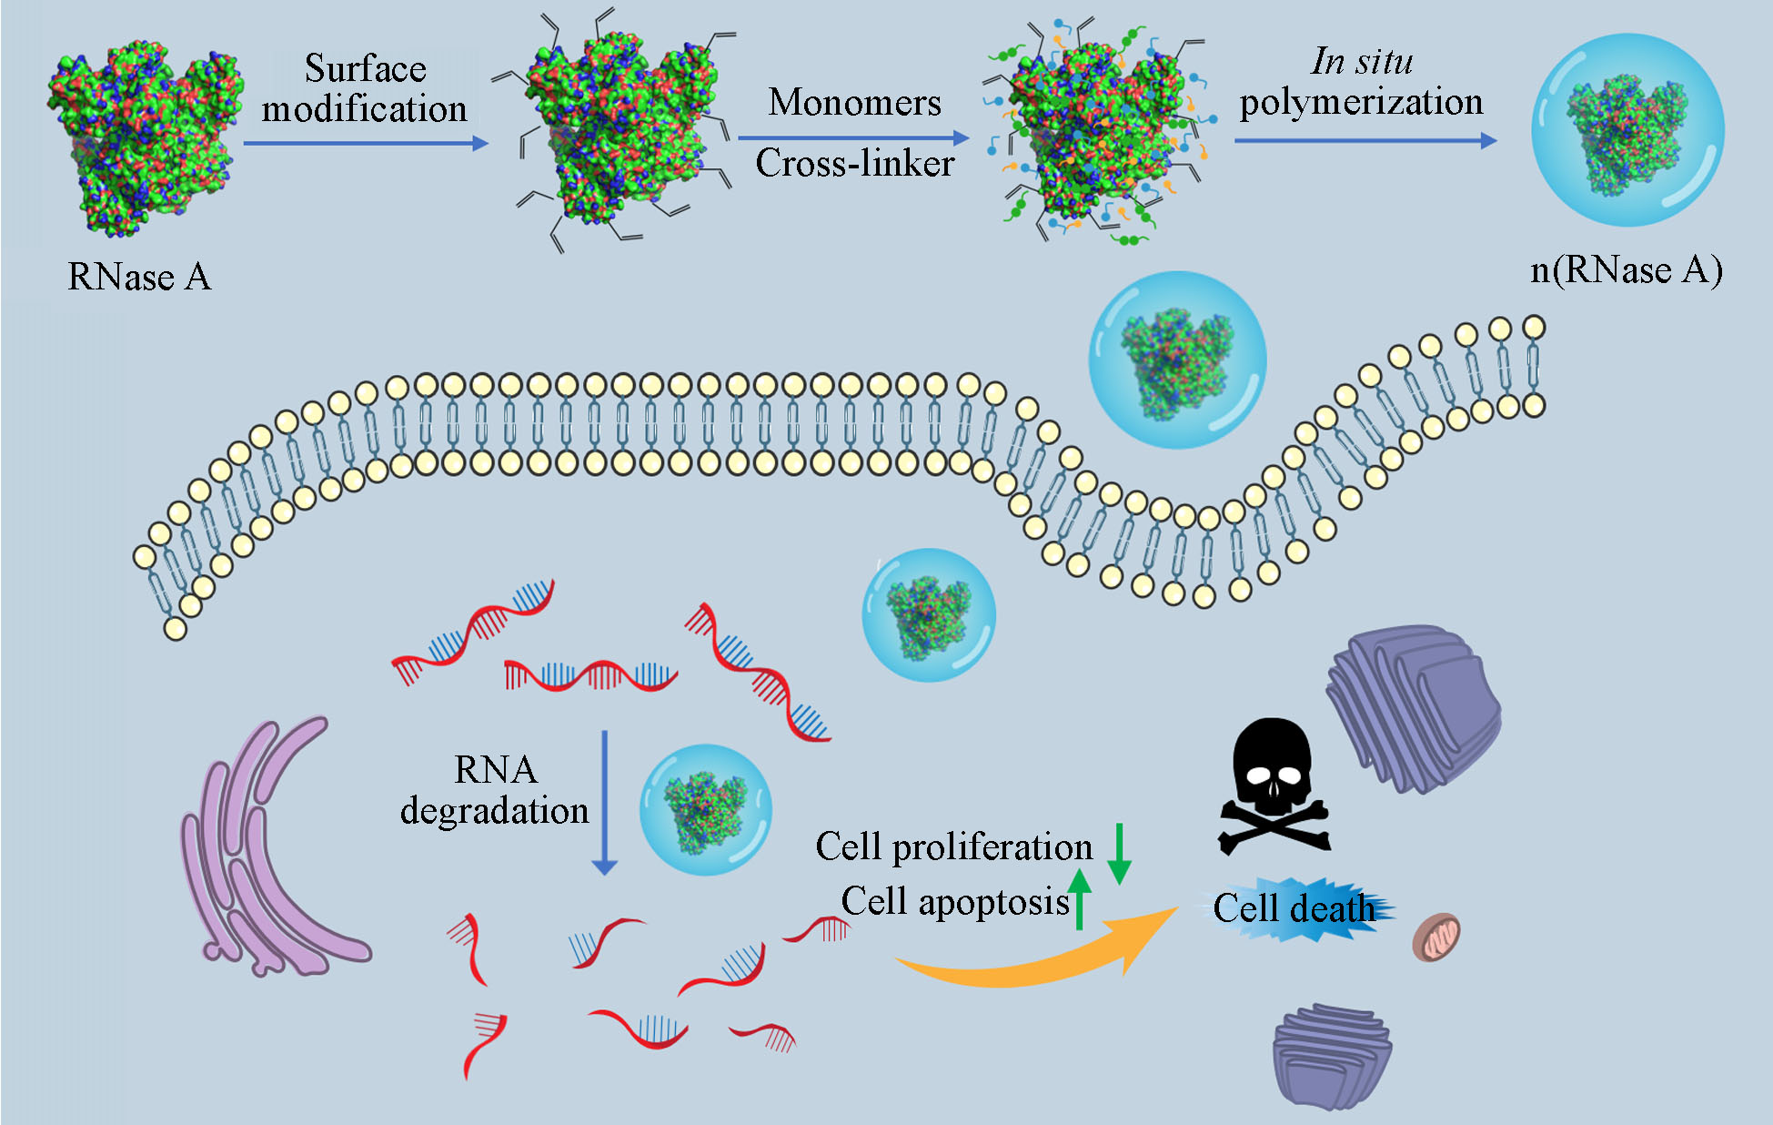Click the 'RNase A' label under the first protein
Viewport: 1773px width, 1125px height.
139,277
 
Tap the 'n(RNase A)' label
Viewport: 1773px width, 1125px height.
1626,270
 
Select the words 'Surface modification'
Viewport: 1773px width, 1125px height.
365,88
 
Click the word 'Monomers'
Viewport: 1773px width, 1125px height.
854,102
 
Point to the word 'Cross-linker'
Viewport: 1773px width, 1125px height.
854,164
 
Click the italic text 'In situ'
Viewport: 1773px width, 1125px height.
1362,61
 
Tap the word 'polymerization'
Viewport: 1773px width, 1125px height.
1361,102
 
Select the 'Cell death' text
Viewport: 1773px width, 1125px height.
1294,908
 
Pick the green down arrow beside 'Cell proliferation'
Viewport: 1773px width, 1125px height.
1120,853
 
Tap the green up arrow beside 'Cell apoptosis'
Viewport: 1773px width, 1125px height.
1079,897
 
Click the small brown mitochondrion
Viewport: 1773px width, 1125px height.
1436,937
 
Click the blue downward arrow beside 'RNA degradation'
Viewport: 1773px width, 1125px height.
605,801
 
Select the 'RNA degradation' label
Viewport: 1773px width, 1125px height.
495,790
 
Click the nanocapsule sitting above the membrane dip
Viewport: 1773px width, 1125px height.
1177,360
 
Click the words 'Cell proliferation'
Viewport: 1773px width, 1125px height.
953,846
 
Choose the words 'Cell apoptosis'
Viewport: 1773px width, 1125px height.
954,901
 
